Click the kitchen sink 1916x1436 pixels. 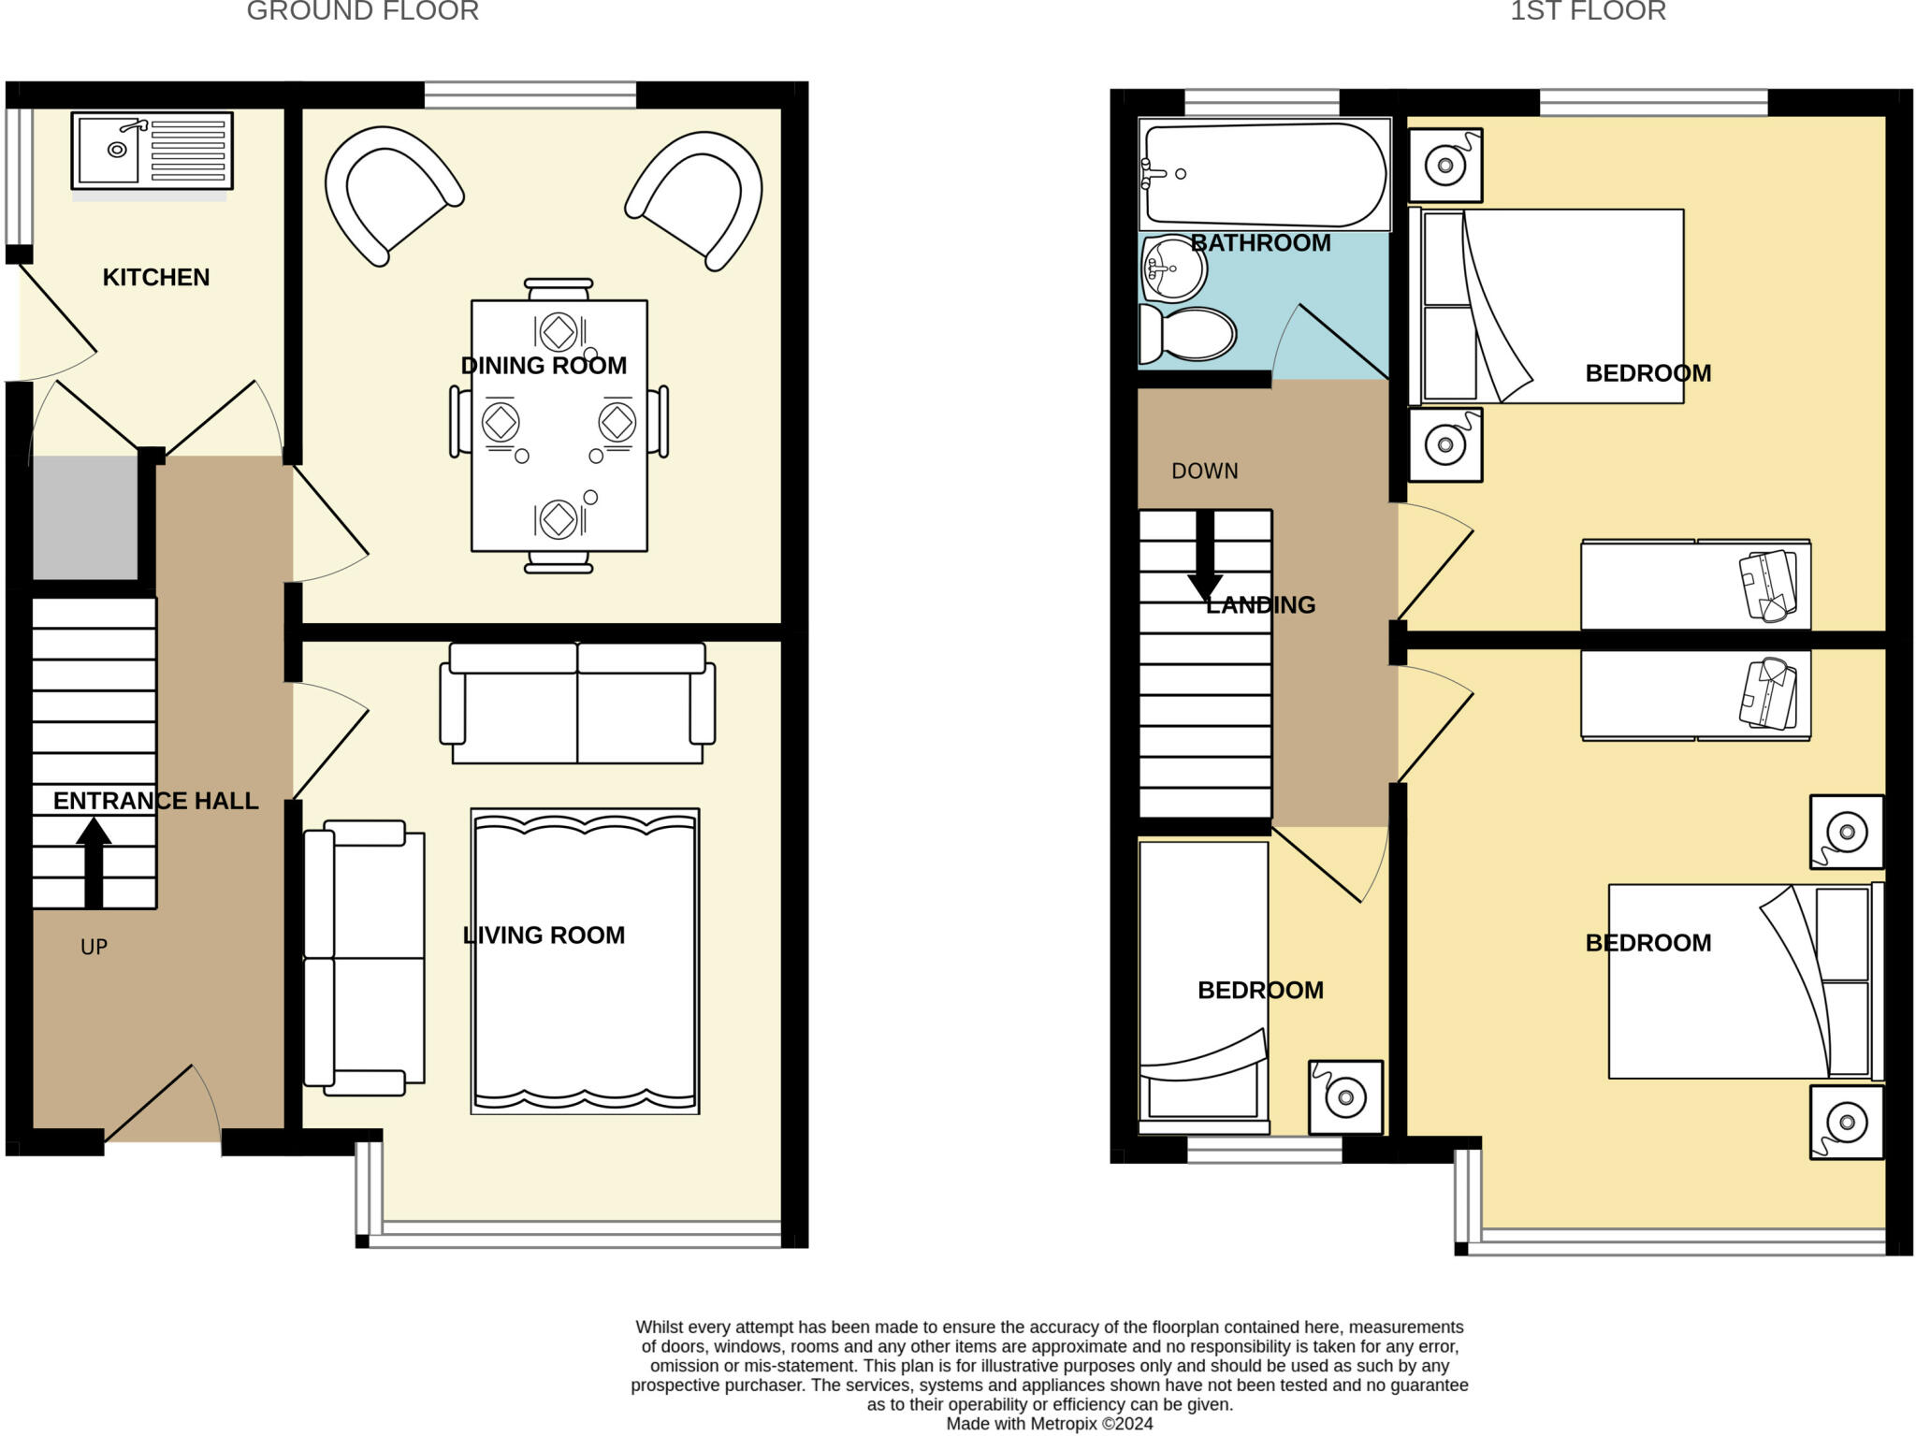coord(152,151)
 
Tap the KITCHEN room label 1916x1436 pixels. coord(156,277)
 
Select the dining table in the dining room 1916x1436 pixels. coord(559,426)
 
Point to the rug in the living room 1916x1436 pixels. coord(585,961)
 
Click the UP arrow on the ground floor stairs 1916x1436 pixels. coord(94,863)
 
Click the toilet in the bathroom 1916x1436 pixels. coord(1187,334)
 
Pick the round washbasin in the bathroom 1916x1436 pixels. coord(1174,269)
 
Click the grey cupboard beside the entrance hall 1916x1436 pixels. coord(85,517)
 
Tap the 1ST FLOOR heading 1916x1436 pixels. coord(1588,11)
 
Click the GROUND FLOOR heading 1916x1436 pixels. coord(363,11)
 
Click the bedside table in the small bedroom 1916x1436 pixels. coord(1345,1096)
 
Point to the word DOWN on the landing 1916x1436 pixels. coord(1205,471)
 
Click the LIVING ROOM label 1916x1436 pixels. coord(544,936)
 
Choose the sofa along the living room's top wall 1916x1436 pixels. coord(578,703)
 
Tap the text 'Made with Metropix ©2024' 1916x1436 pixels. coord(1050,1424)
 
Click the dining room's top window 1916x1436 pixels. coord(530,94)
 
